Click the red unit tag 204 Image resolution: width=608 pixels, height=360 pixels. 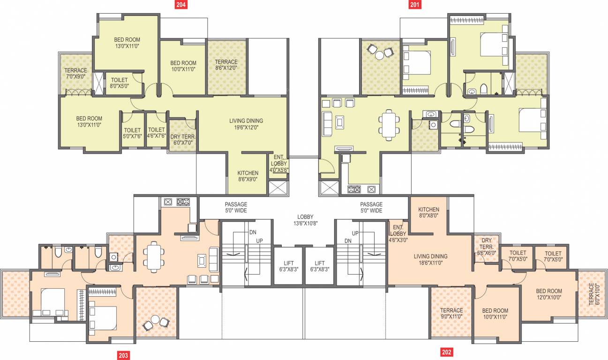181,5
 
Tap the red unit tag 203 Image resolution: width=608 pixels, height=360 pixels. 123,355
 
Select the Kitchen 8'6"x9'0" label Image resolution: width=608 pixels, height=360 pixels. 248,176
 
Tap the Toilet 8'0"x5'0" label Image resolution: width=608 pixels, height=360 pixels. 120,83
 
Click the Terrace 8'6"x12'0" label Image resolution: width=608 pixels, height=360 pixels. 226,65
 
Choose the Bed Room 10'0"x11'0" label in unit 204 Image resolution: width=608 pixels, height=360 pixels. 183,66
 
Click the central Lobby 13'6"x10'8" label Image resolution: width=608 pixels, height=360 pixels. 305,220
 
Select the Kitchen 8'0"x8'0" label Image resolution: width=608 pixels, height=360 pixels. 428,213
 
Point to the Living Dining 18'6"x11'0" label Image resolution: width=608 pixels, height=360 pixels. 430,260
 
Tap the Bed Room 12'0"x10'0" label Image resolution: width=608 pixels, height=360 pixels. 549,294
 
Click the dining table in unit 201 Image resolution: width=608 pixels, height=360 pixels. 389,124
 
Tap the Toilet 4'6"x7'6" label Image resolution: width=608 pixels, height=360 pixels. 156,133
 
